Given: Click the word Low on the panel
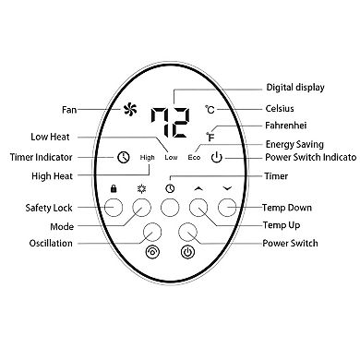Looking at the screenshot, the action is coord(171,157).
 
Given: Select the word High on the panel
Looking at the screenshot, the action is coord(147,157).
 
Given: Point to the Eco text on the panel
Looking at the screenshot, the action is coord(195,157).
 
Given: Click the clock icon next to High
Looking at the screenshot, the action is coord(123,157).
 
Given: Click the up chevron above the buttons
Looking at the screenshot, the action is coord(198,188).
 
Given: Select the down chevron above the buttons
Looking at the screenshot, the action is coord(227,188).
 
